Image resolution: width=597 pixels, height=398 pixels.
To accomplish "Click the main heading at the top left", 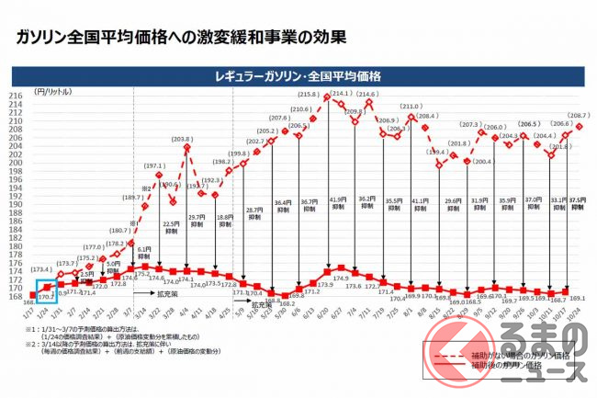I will pyautogui.click(x=175, y=38).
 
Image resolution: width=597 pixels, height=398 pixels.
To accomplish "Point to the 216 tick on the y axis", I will pyautogui.click(x=17, y=95).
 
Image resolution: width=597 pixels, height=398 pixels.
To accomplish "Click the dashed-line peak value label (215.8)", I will pyautogui.click(x=309, y=96).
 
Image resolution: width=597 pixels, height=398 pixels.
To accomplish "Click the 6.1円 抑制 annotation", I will pyautogui.click(x=143, y=253).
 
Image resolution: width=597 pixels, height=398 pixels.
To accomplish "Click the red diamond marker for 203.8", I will pyautogui.click(x=187, y=146).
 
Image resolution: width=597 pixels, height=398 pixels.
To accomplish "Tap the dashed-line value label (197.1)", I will pyautogui.click(x=153, y=167).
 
